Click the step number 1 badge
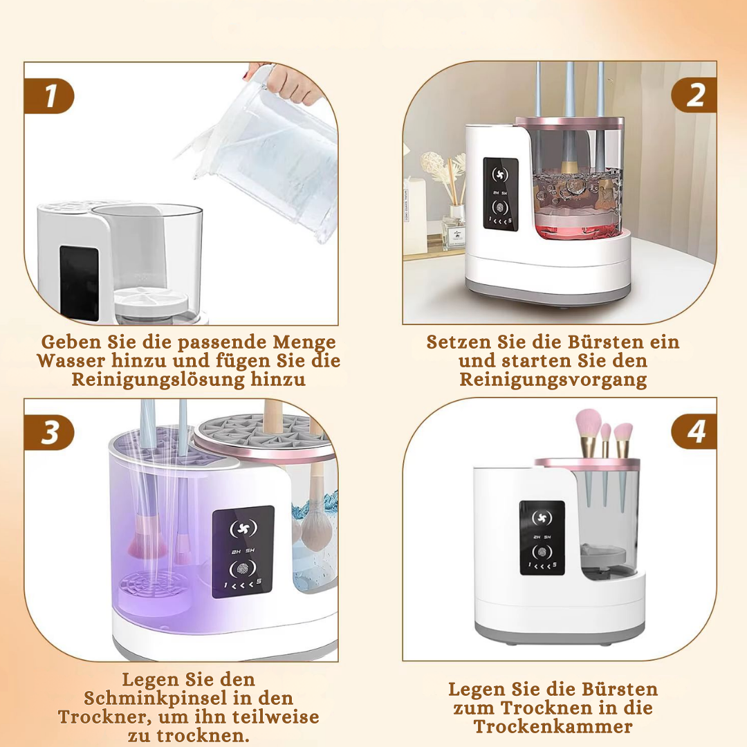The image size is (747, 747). click(49, 95)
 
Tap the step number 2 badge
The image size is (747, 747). click(694, 95)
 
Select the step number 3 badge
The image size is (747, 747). click(49, 432)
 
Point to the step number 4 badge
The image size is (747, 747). click(694, 432)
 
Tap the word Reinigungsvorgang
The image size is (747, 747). click(553, 380)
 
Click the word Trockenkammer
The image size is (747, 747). click(553, 726)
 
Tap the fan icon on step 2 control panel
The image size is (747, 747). click(500, 175)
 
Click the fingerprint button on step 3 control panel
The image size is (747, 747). click(243, 569)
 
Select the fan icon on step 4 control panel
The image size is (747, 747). click(542, 518)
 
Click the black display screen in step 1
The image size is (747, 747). click(79, 283)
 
